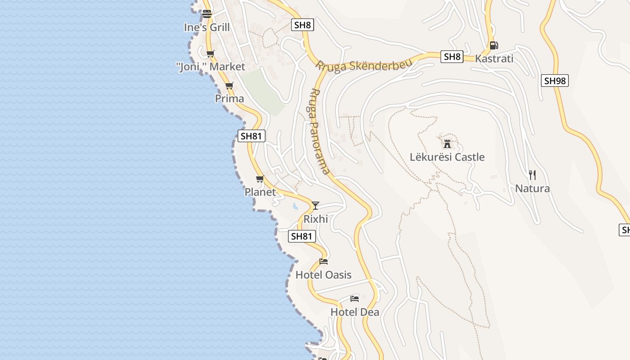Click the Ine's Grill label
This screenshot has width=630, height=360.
coord(207,27)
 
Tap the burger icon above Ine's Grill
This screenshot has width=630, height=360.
coord(207,13)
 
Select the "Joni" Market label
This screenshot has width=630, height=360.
coord(211,67)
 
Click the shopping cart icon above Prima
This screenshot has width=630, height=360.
coord(229,85)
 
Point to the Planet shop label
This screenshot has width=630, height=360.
coord(260,192)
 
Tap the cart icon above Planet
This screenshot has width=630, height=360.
coord(260,179)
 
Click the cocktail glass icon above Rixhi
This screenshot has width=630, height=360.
coord(315,206)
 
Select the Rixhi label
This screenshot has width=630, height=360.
coord(315,219)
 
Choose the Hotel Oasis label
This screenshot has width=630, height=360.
coord(324,275)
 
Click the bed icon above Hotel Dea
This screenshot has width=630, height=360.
coord(355,298)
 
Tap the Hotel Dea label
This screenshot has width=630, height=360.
coord(355,312)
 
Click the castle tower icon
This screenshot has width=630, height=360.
coord(447,144)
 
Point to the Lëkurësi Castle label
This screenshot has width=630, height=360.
coord(447,157)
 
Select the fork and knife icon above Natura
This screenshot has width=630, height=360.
coord(532,175)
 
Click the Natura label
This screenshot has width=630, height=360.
coord(532,189)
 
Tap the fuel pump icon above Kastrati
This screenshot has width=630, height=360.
coord(494,45)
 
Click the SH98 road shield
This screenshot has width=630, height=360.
coord(555,81)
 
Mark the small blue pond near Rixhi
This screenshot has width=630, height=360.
coord(295,207)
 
